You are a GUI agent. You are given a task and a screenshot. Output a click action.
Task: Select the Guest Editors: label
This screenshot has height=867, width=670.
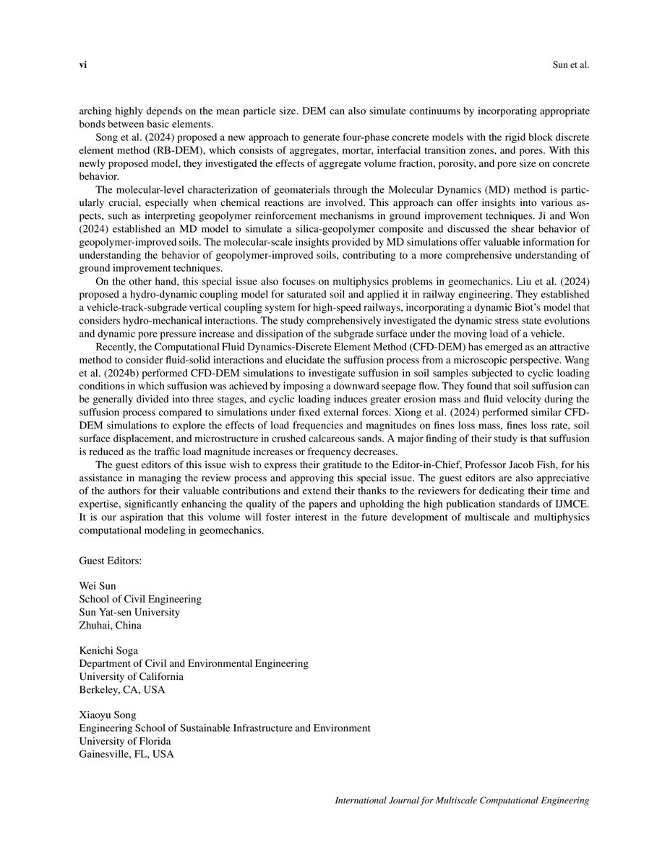111,561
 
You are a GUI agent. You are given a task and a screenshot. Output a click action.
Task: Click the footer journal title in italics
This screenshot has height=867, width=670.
463,801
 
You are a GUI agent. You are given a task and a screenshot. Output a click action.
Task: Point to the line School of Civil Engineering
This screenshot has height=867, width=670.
140,599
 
